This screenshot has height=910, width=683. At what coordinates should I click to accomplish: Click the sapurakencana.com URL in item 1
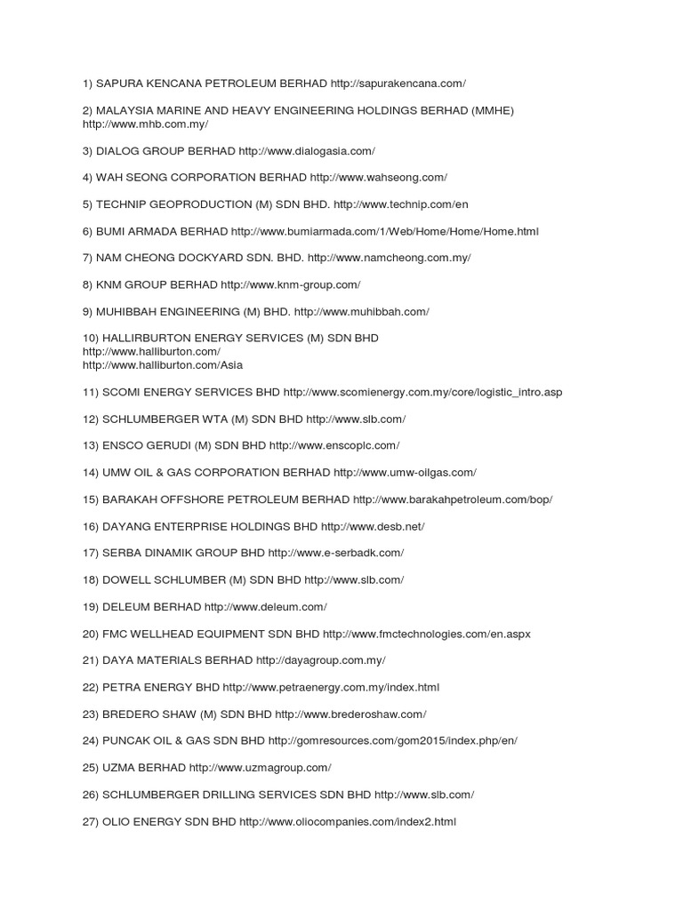point(398,84)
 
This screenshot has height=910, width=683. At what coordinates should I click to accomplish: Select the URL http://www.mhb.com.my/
point(145,124)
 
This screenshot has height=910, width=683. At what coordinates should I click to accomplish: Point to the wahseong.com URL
point(379,178)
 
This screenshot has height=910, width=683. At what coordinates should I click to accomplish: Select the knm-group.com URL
point(291,284)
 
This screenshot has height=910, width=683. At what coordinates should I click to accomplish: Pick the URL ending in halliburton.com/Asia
point(163,365)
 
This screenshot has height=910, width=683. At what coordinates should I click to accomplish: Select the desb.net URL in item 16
point(373,526)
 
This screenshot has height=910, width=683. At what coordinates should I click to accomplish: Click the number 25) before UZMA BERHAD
point(91,767)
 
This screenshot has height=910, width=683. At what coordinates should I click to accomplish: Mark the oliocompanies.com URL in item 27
point(348,822)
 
